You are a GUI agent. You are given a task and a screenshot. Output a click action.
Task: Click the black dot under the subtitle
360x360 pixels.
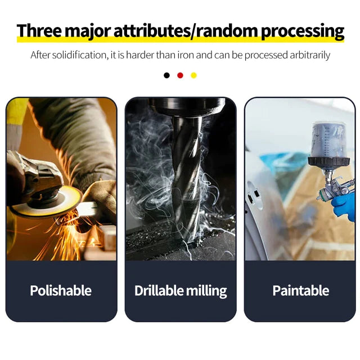[x=166, y=75]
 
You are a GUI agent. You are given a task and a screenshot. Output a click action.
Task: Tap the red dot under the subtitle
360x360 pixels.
[x=180, y=75]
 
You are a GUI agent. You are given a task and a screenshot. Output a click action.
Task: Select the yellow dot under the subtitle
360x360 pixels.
[x=193, y=75]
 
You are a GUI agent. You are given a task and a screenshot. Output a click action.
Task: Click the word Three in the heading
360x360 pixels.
[x=39, y=30]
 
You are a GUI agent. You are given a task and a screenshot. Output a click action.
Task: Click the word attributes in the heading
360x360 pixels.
[x=152, y=30]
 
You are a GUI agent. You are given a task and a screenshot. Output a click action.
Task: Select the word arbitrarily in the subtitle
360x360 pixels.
[x=310, y=56]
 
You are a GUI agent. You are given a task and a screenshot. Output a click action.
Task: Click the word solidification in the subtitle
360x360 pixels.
[x=79, y=55]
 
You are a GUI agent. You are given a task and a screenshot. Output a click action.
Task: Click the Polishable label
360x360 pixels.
[x=61, y=290]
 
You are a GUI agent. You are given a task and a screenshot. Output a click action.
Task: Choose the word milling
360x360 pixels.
[x=206, y=291]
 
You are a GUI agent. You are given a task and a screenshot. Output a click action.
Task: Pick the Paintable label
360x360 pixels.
[x=301, y=290]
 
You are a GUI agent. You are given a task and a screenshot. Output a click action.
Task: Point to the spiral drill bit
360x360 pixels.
[x=186, y=179]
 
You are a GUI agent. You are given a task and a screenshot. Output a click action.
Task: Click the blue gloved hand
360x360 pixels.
[x=343, y=208]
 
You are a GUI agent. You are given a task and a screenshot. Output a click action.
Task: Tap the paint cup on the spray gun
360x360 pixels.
[x=328, y=141]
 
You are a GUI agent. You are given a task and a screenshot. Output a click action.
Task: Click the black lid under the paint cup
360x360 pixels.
[x=328, y=161]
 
